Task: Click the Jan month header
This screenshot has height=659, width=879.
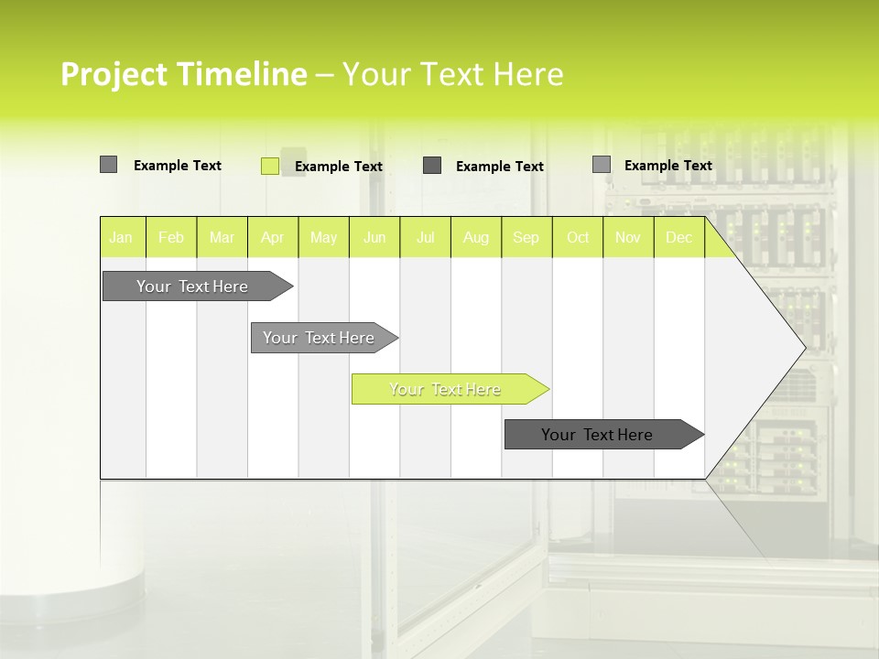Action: tap(122, 237)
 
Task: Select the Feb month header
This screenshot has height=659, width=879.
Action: tap(171, 237)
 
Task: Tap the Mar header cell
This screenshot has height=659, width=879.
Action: tap(222, 237)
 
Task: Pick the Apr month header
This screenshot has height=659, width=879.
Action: tap(273, 237)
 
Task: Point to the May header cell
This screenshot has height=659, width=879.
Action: tap(323, 237)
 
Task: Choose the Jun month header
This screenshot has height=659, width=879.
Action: tap(374, 237)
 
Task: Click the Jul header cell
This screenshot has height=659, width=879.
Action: tap(425, 237)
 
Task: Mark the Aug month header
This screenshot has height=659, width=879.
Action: tap(476, 237)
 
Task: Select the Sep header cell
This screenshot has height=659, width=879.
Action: tap(526, 237)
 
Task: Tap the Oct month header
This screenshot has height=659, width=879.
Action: tap(578, 237)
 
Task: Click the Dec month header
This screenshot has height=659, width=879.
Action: tap(679, 237)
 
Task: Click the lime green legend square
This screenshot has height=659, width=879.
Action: tap(270, 166)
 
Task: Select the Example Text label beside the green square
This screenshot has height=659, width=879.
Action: tap(339, 167)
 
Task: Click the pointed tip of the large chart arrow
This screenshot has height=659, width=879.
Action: tap(803, 347)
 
